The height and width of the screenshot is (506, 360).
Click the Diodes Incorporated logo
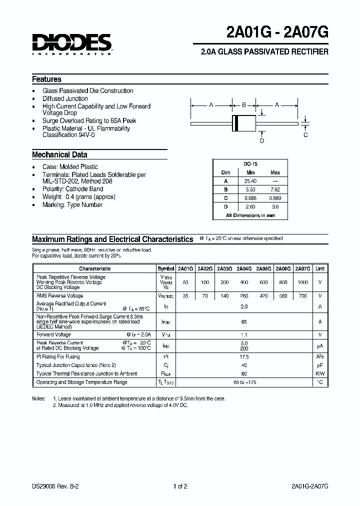72,43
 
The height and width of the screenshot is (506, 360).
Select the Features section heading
46,79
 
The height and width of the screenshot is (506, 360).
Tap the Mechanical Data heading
59,155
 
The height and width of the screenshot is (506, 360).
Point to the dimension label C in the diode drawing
305,135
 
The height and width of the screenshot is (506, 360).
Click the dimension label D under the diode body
261,141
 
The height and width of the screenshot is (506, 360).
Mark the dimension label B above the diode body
244,105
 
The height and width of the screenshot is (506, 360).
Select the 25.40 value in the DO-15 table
250,180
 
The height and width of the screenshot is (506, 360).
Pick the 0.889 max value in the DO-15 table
275,198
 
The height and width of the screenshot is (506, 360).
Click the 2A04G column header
244,268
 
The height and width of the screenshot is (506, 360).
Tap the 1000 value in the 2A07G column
303,282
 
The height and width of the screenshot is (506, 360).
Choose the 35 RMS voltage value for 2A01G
185,295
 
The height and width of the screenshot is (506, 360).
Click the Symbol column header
166,268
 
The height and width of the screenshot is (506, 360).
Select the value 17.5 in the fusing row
244,357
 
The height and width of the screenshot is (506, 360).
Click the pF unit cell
320,365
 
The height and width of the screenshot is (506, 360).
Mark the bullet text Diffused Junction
65,98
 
